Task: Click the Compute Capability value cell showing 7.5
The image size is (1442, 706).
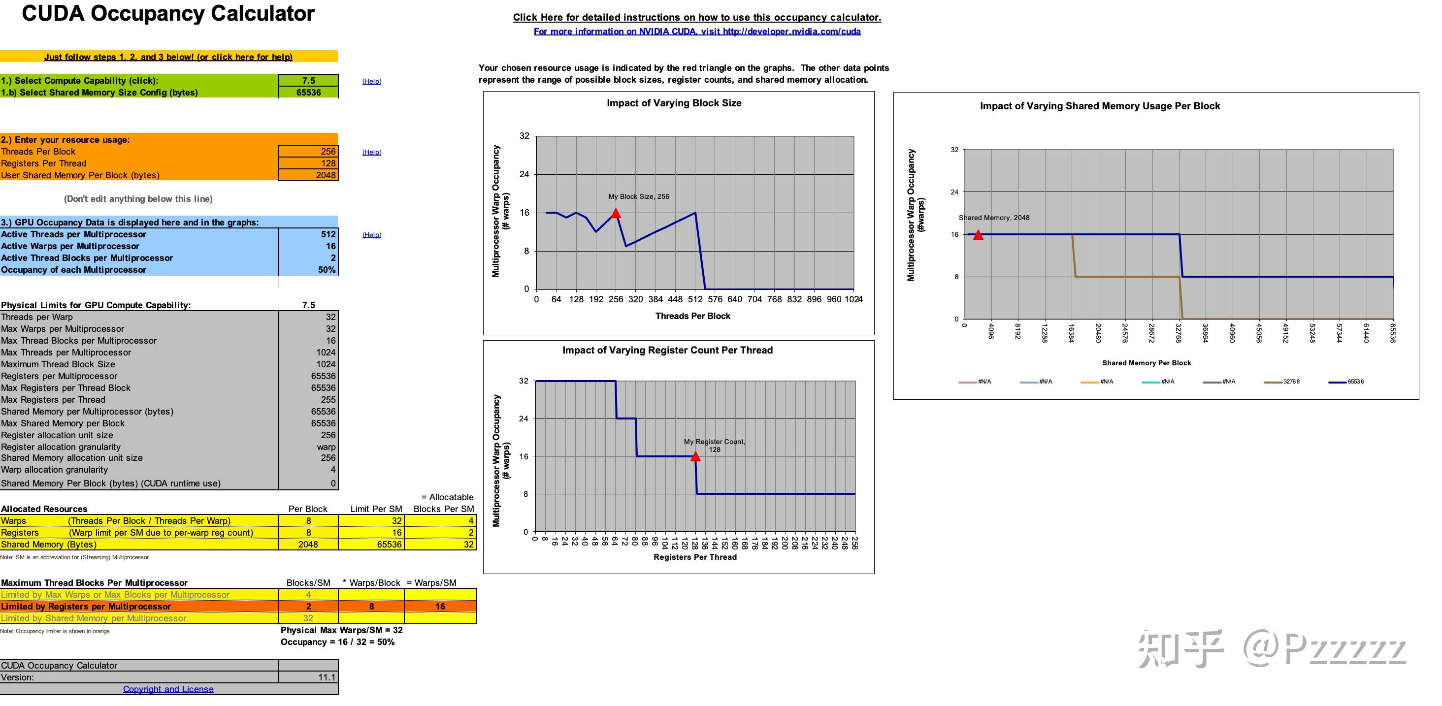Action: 308,81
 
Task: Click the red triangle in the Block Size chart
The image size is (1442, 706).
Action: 616,213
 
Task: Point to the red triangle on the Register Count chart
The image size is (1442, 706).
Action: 695,456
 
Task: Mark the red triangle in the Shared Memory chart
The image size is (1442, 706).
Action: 978,235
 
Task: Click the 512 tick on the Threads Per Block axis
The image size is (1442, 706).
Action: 695,299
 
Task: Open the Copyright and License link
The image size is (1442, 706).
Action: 168,689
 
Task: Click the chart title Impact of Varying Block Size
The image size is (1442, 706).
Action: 674,103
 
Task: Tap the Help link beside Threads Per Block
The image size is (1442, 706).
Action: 372,152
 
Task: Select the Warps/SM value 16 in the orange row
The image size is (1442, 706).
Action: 440,607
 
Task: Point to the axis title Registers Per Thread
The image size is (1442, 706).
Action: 695,557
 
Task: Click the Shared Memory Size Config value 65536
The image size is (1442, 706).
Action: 308,92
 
